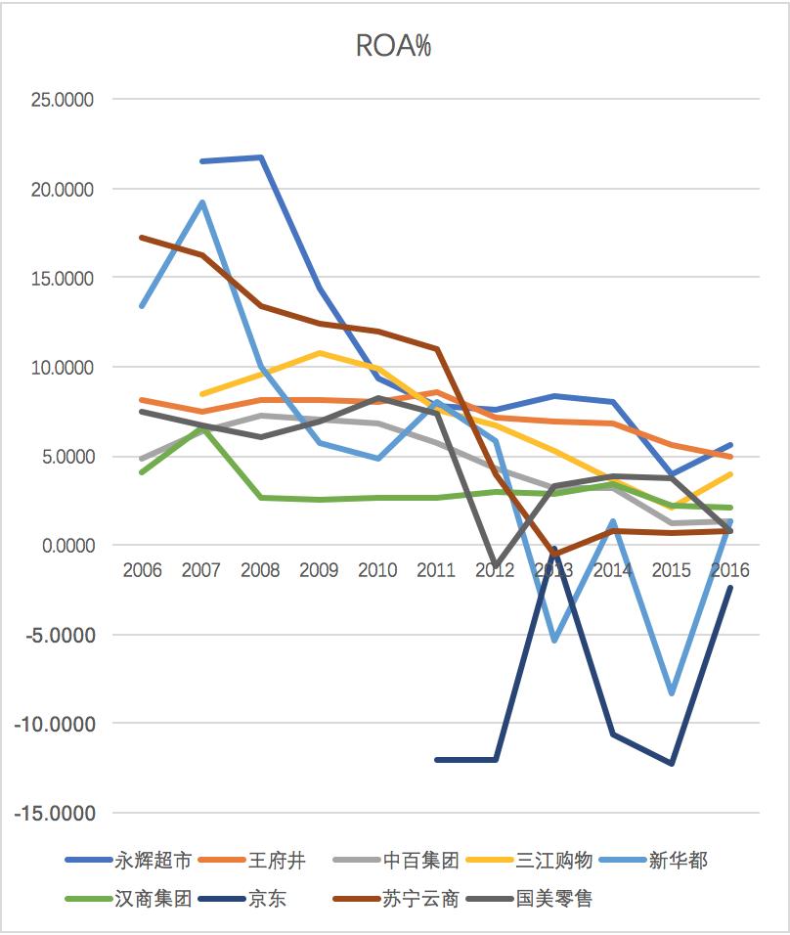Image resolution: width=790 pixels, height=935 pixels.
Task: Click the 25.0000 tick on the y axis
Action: click(x=62, y=100)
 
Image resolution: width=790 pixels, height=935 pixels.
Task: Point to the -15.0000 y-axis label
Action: click(x=58, y=814)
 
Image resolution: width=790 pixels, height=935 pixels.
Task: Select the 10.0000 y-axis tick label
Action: click(x=62, y=368)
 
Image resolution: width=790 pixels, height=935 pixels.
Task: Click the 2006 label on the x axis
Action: click(x=143, y=570)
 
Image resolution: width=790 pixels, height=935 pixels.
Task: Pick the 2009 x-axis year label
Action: click(x=319, y=570)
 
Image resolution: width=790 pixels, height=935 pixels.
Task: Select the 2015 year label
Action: click(x=672, y=570)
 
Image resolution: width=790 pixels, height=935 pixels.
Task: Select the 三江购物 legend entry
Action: click(x=555, y=861)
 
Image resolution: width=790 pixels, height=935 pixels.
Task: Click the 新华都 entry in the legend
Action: click(x=680, y=861)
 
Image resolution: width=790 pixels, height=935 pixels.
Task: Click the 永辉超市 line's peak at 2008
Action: click(x=261, y=157)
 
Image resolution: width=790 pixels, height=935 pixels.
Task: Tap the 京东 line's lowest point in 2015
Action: click(x=672, y=764)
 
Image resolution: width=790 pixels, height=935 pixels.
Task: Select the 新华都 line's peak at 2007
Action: click(x=201, y=202)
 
